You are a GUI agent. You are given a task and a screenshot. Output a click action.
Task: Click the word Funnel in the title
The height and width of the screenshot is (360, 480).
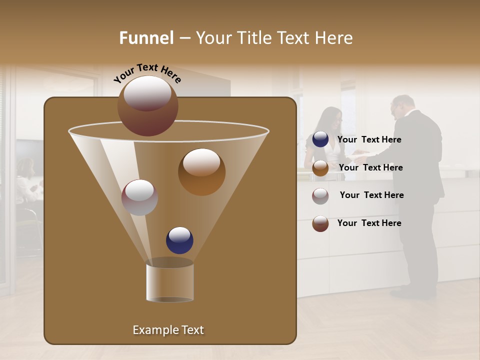pos(146,38)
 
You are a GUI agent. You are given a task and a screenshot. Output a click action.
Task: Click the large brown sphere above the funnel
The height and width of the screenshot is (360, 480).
pos(148,106)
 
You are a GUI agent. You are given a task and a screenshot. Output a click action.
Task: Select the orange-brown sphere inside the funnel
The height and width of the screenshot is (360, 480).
pos(201,172)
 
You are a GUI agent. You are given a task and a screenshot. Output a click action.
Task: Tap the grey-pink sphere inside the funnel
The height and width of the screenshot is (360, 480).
pos(140,197)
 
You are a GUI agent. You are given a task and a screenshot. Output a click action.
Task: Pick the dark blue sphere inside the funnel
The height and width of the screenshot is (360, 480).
pos(179,240)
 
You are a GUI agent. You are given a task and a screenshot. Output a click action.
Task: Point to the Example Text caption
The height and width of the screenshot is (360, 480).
pos(168,330)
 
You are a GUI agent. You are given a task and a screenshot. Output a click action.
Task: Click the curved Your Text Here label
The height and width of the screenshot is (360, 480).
pos(147,72)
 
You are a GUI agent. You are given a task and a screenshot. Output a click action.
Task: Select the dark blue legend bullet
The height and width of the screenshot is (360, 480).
pos(320,139)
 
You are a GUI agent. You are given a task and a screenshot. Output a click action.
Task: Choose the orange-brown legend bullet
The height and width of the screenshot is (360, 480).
pos(320,168)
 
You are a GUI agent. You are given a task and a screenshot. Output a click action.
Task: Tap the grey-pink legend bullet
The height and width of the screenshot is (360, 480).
pos(320,195)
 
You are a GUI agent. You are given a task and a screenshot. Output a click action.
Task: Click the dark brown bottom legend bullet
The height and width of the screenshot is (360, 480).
pos(320,223)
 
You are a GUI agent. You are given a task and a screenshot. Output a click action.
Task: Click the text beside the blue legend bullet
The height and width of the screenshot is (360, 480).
pos(369,140)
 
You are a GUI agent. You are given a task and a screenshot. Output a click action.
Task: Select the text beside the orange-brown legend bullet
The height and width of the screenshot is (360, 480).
pos(370,167)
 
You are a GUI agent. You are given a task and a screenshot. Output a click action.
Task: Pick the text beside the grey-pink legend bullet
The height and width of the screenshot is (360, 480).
pos(371,195)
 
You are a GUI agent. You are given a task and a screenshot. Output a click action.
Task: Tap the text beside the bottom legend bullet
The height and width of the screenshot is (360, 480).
pos(369,223)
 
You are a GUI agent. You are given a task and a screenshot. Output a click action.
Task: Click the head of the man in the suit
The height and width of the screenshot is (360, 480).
pos(402,106)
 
